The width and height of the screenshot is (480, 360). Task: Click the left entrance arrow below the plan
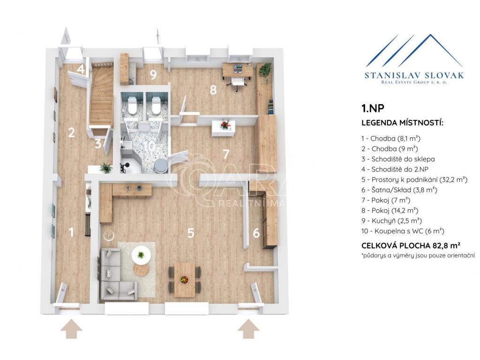(71, 329)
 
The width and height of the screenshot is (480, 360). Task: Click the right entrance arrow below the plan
(248, 329)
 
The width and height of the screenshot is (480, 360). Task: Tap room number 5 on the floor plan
(191, 233)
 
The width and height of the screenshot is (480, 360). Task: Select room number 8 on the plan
(213, 90)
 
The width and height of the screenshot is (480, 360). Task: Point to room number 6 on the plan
(256, 233)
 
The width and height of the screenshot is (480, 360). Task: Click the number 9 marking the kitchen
(153, 75)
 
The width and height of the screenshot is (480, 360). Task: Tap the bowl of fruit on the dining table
(184, 279)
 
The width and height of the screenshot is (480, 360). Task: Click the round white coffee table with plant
(141, 255)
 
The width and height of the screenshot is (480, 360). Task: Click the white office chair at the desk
(238, 82)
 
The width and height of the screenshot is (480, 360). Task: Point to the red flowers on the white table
(225, 125)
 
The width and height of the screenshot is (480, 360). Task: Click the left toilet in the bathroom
(132, 105)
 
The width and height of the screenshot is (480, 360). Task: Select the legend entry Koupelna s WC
(403, 231)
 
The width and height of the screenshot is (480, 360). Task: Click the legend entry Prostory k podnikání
(414, 180)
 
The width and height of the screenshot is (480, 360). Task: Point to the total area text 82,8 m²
(447, 246)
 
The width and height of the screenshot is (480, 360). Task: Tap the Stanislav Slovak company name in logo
(414, 75)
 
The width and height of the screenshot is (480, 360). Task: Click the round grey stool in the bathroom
(160, 166)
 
